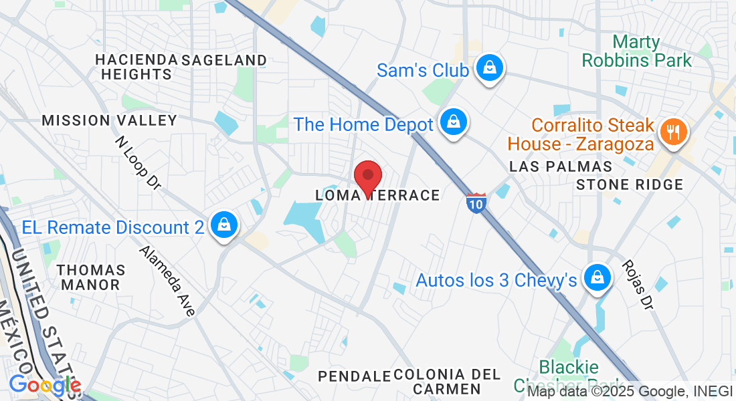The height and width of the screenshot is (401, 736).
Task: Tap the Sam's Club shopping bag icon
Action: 490,68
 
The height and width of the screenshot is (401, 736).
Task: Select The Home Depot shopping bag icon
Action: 454,122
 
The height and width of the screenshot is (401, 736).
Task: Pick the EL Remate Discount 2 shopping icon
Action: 224,226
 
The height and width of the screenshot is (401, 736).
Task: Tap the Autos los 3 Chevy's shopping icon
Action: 597,277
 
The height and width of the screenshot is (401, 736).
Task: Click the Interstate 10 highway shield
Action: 476,203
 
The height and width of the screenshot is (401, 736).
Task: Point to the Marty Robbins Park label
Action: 636,51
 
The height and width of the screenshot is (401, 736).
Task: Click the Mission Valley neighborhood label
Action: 109,120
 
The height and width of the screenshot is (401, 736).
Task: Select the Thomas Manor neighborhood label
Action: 91,277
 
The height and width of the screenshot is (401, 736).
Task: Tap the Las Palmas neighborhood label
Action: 561,166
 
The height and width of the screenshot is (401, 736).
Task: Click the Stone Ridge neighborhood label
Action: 630,184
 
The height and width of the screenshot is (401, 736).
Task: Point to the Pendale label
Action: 354,376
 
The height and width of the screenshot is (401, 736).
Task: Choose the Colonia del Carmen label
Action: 447,381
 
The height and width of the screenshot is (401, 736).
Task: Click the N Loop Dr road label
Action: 137,163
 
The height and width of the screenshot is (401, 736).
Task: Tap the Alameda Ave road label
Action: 167,281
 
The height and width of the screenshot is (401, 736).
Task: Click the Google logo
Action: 44,386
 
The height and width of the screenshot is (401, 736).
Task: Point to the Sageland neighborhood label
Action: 224,60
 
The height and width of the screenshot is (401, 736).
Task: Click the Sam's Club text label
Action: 423,70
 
